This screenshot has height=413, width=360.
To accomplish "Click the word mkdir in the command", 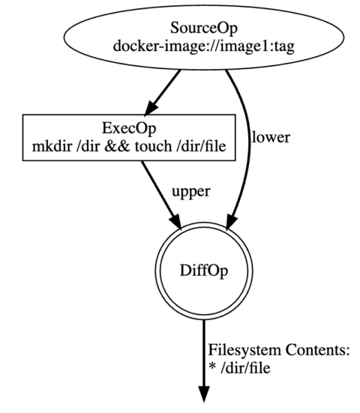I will pyautogui.click(x=46, y=148).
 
